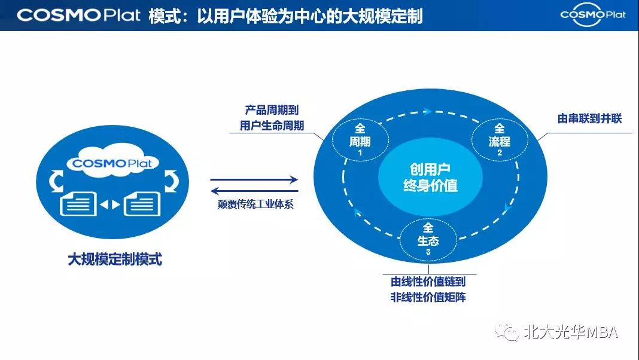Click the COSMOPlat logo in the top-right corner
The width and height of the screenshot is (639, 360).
tap(592, 14)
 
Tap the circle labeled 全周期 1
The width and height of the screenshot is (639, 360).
tap(360, 139)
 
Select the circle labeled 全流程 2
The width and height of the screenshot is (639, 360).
tap(500, 140)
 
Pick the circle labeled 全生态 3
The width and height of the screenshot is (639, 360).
tap(428, 239)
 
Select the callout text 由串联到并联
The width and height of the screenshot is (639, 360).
tap(589, 118)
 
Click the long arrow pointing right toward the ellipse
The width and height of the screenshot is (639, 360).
tap(254, 179)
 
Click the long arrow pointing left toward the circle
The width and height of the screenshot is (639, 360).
tap(254, 190)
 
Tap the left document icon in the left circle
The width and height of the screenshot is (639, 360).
tap(79, 205)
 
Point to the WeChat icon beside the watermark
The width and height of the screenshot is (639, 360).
tap(510, 332)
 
